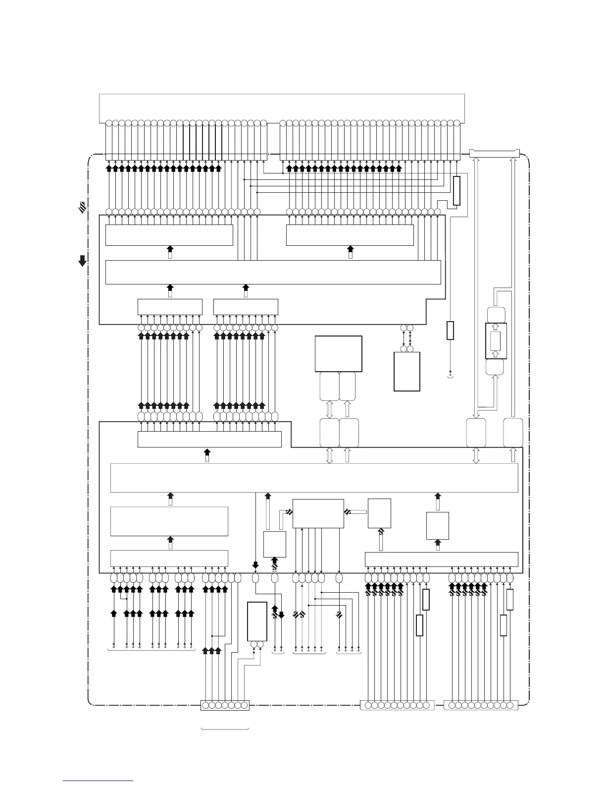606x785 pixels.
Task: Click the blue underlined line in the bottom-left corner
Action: point(98,781)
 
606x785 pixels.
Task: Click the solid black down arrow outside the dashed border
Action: point(83,261)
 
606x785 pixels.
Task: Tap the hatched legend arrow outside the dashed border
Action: point(82,208)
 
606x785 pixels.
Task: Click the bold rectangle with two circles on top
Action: point(406,371)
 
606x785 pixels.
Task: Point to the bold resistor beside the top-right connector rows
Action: point(456,190)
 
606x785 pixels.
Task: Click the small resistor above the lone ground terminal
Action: point(450,331)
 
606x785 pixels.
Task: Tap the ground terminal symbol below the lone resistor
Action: point(450,375)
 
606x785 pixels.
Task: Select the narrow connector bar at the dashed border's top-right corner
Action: point(494,154)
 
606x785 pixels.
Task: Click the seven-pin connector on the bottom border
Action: point(225,705)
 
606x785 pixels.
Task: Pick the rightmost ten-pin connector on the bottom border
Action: point(481,705)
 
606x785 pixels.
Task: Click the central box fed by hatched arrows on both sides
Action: point(318,513)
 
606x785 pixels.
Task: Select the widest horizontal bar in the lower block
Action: point(314,478)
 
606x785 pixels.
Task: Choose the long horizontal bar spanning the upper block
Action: point(273,272)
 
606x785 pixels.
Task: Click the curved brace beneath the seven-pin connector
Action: point(225,729)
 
